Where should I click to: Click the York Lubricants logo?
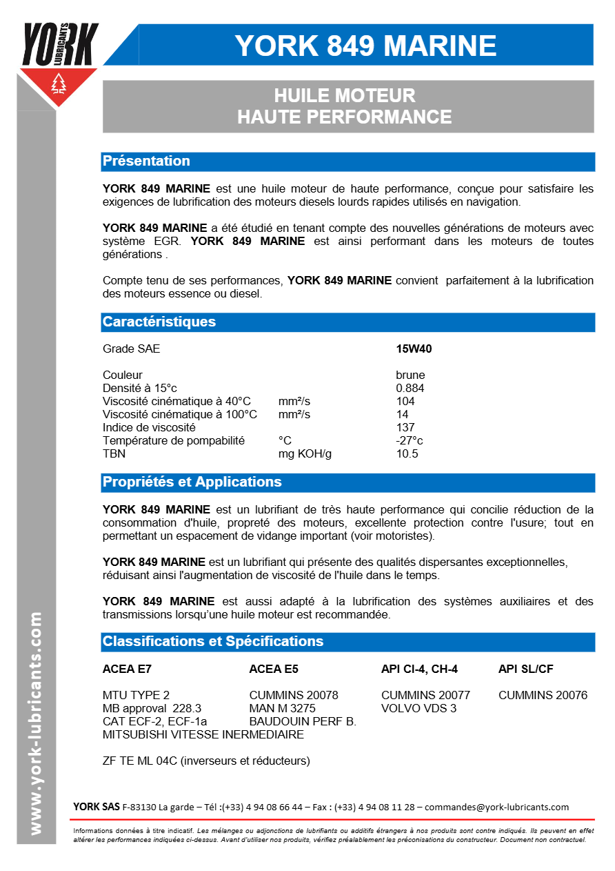click(59, 62)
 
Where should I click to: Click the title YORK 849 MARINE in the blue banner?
click(365, 46)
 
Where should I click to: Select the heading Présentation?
click(146, 162)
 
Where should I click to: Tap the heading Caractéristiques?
click(159, 322)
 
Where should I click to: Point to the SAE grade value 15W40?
click(414, 349)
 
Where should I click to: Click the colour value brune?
click(410, 375)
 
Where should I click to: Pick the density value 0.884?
click(410, 389)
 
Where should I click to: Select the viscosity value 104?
click(405, 402)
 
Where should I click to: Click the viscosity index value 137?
click(405, 428)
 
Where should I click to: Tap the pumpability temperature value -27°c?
click(410, 441)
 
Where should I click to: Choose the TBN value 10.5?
click(407, 454)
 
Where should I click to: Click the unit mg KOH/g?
click(305, 454)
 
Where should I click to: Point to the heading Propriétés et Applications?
click(192, 482)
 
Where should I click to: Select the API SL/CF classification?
click(525, 669)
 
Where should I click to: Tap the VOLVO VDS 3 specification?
click(419, 709)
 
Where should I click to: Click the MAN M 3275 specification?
click(282, 709)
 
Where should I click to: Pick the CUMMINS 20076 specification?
click(543, 696)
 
